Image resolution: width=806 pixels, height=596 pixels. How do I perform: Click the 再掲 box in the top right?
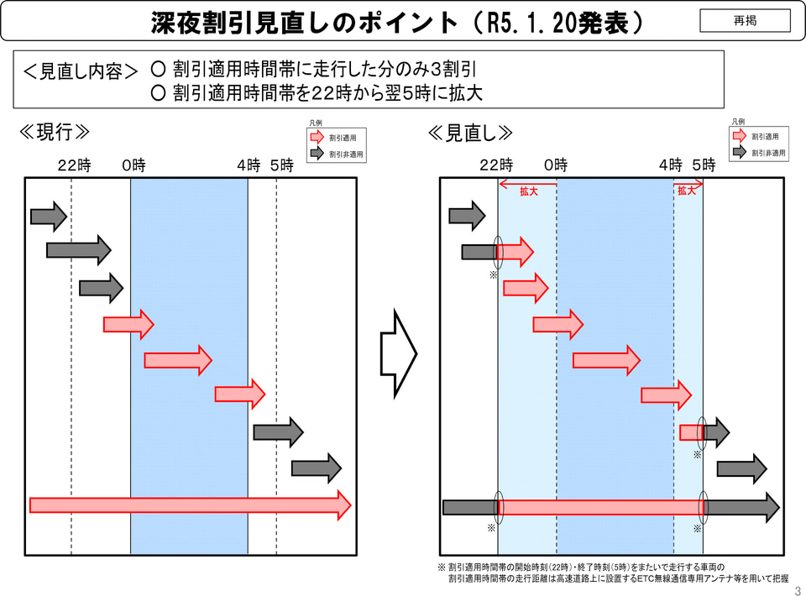point(745,20)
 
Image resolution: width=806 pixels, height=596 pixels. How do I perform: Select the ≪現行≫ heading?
point(54,133)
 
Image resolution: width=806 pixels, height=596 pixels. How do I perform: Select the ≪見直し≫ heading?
point(470,133)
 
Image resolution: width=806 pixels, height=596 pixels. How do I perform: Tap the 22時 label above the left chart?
point(74,165)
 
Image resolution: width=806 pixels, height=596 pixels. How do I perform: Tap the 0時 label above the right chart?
point(556,165)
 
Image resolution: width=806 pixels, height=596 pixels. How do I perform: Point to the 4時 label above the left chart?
point(249,165)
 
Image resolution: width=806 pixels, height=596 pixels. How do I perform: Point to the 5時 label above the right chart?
point(704,165)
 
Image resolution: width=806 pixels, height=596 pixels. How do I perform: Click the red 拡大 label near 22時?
point(528,191)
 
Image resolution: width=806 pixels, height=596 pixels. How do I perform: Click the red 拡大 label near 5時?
point(688,191)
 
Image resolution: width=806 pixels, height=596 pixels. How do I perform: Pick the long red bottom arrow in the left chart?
point(190,505)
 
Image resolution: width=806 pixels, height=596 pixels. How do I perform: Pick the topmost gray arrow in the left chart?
point(48,217)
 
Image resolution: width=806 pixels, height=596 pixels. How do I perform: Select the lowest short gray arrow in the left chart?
point(316,468)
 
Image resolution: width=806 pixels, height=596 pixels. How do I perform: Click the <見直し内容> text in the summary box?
point(81,71)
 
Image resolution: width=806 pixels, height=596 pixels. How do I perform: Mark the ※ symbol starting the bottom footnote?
point(442,567)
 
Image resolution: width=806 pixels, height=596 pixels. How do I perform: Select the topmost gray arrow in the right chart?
point(467,217)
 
